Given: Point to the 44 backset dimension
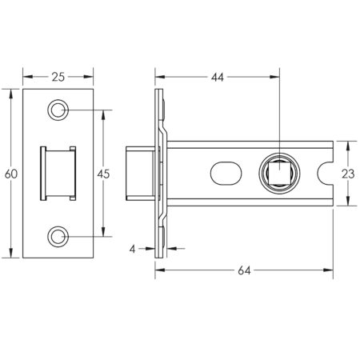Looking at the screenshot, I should [218, 77].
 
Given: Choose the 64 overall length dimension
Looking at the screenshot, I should [244, 272].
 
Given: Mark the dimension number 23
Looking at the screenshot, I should [346, 174].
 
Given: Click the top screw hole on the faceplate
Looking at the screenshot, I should [58, 110].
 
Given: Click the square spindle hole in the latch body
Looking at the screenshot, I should [280, 173].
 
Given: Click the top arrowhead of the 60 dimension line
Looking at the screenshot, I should [11, 93].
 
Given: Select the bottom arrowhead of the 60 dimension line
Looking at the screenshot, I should [11, 255].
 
